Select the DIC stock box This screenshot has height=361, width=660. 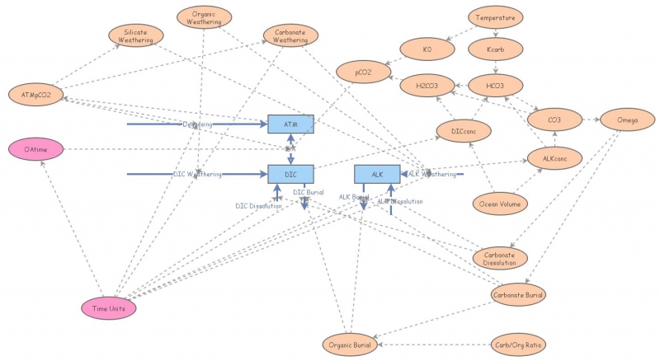tap(290, 174)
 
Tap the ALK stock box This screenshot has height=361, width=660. tap(377, 174)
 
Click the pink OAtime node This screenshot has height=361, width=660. tap(35, 149)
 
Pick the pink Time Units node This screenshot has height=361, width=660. tap(109, 307)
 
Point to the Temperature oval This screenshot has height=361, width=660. tap(495, 16)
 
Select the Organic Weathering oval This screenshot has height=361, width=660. tap(205, 17)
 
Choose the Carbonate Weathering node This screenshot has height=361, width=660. tap(290, 35)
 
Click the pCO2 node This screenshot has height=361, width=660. tap(363, 73)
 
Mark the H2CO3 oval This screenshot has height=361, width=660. tap(427, 85)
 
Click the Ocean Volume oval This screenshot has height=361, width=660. tap(499, 203)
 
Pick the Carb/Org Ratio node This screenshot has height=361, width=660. tap(518, 344)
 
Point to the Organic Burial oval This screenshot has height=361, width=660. tap(350, 344)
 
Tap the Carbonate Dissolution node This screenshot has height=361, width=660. tap(499, 258)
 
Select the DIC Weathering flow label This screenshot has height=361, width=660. tap(198, 174)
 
